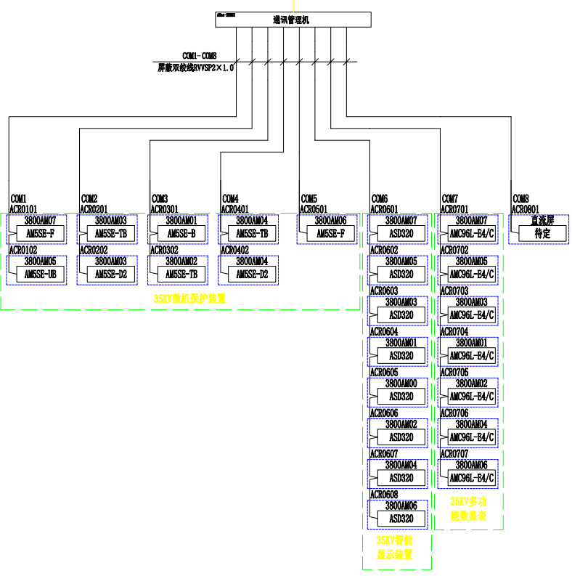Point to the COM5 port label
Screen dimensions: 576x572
pos(309,199)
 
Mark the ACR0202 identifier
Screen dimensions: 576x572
pos(93,250)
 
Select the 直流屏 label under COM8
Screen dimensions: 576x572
pos(542,220)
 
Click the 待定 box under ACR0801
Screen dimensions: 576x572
pos(542,234)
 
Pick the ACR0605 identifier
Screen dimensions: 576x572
pos(384,372)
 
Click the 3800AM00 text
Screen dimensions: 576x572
pos(400,383)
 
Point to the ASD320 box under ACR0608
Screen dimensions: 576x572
pos(401,519)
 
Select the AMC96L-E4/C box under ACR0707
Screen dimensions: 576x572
pos(472,478)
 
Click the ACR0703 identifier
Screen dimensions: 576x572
pos(454,291)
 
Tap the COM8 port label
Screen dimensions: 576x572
pos(521,199)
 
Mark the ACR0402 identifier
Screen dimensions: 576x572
pos(234,250)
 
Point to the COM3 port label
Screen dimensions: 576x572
pos(160,199)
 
